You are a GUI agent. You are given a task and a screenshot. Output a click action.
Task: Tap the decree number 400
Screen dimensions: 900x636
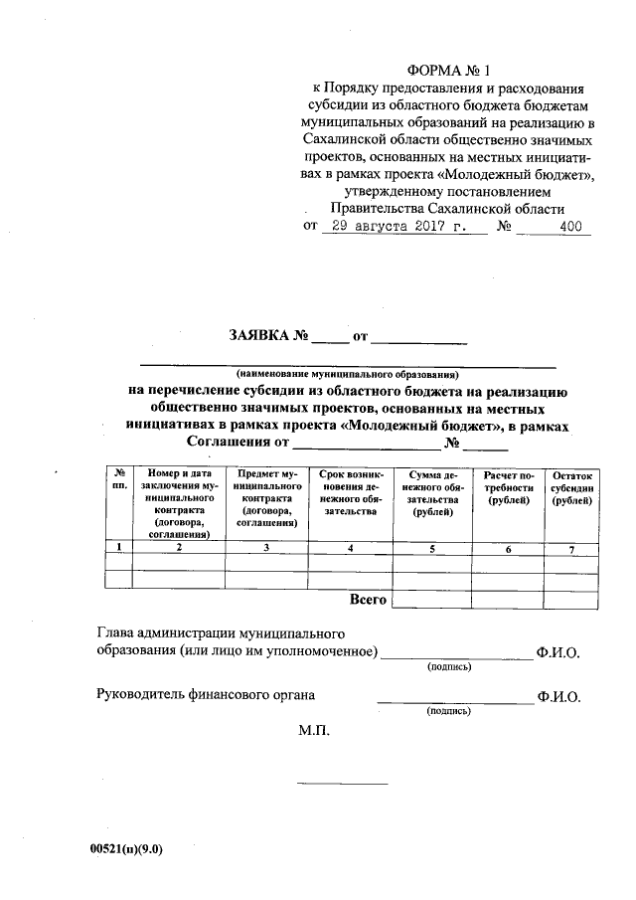pyautogui.click(x=570, y=226)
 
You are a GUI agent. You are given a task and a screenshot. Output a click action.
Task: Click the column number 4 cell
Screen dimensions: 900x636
pyautogui.click(x=351, y=547)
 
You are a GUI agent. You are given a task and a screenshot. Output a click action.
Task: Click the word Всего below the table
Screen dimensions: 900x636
pyautogui.click(x=368, y=600)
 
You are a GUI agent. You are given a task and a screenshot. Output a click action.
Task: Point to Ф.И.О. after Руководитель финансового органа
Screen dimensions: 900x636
pyautogui.click(x=558, y=697)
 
